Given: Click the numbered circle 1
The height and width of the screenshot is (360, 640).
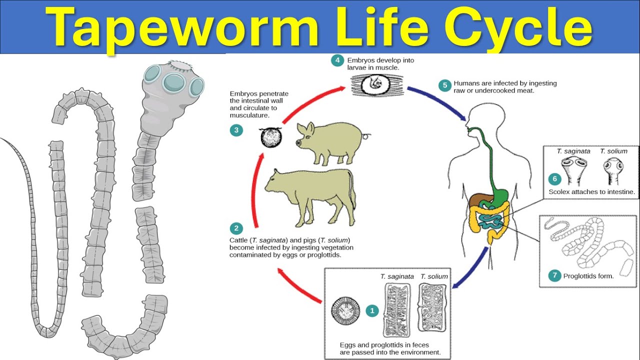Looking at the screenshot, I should [372, 310].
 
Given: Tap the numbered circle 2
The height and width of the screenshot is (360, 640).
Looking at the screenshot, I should [236, 228].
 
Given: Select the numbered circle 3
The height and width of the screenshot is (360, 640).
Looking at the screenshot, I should [236, 130].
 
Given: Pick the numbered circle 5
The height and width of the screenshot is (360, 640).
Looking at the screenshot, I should [445, 85].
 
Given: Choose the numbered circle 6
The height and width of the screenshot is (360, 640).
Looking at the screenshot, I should [554, 178].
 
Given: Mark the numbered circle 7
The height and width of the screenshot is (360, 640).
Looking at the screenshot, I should [554, 275].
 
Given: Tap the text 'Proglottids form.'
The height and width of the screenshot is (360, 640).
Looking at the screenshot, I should [588, 276].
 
